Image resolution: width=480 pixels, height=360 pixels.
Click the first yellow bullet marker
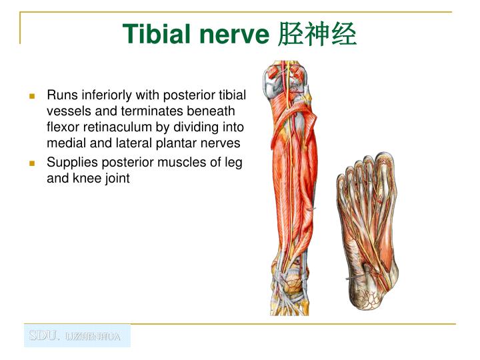point(32,96)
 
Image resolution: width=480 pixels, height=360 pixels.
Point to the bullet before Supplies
point(32,163)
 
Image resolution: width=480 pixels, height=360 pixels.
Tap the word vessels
point(66,111)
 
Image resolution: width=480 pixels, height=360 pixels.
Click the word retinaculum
point(111,127)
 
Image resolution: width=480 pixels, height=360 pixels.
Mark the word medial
point(64,143)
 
